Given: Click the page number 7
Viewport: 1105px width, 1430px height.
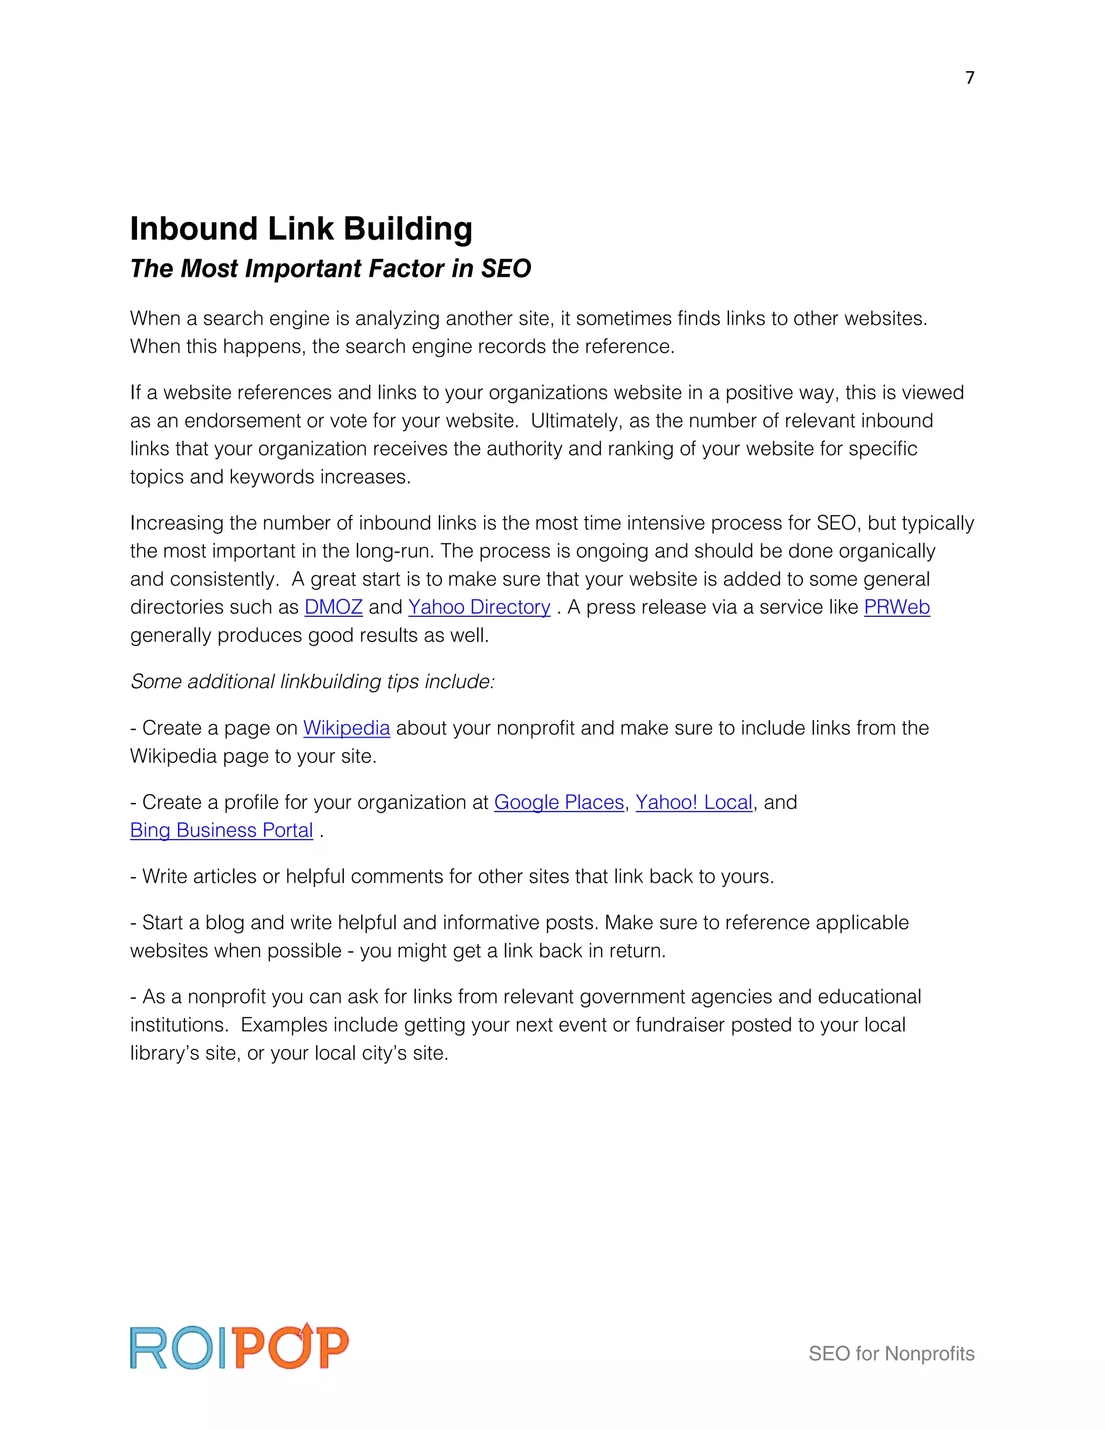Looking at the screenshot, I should point(970,78).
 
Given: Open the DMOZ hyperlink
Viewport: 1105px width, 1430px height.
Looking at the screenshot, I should point(333,607).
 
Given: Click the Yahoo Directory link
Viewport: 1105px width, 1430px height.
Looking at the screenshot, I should point(479,607).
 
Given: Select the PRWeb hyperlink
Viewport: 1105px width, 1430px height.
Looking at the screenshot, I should point(896,607).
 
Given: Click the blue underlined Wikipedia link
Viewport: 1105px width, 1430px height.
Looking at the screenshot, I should point(346,728).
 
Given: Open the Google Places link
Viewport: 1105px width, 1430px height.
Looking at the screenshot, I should point(558,802).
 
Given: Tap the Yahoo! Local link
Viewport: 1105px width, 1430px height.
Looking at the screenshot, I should point(693,802).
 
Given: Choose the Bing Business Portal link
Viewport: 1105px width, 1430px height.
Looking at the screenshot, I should point(221,830).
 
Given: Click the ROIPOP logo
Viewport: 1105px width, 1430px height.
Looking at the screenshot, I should point(239,1347).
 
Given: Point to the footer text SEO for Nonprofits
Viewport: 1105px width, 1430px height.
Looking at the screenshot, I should point(891,1353).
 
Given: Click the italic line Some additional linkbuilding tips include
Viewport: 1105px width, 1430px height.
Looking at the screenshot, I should point(312,682).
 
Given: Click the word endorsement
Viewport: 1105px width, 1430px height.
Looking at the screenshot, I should point(242,420).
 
